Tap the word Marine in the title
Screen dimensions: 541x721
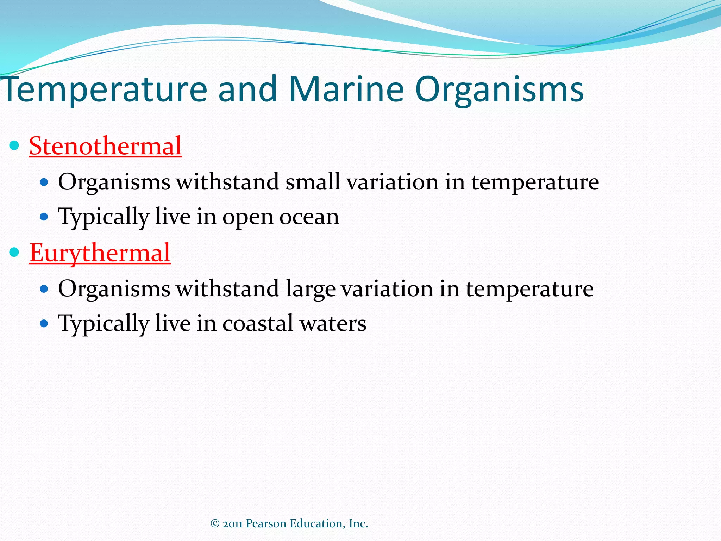pos(346,89)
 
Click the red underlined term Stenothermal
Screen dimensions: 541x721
pos(105,146)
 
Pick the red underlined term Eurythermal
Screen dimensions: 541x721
pos(100,253)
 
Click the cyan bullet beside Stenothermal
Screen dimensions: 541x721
pos(14,145)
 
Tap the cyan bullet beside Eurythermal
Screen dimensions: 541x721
pos(14,252)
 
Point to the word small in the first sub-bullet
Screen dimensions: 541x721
pos(313,182)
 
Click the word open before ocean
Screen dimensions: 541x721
pos(247,218)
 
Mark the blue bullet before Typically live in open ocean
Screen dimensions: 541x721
pos(44,217)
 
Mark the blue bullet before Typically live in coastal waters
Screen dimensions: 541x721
pos(44,323)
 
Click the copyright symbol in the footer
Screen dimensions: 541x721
pos(215,524)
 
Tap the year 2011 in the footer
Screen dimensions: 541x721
pos(232,524)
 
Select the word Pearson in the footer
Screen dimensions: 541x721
pos(266,524)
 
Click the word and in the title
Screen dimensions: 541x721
pos(247,89)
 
